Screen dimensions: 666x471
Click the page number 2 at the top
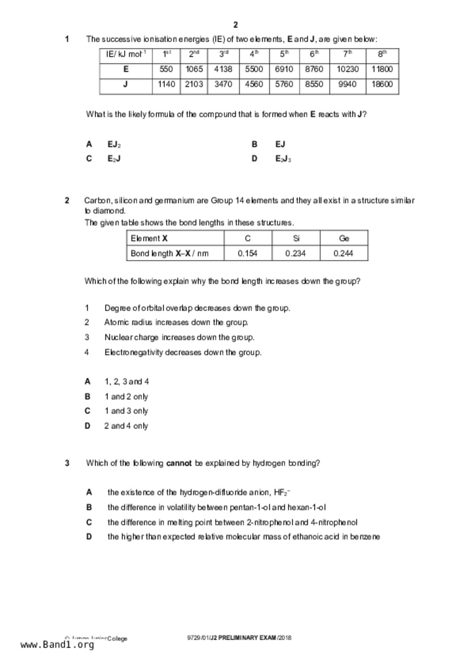coord(235,25)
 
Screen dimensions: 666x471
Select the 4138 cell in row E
coord(223,69)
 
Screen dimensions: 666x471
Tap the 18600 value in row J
coord(382,84)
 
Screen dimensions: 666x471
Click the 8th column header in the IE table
coord(382,54)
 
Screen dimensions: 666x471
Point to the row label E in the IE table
coord(126,69)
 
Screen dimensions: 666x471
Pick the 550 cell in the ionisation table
coord(166,69)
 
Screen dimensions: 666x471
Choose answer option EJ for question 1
coord(280,144)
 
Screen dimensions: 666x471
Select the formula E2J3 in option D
coord(283,159)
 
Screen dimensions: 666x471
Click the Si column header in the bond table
coord(296,238)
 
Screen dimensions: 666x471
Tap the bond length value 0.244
coord(343,253)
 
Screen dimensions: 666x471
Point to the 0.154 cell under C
coord(247,253)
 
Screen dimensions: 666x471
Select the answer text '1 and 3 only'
coord(126,411)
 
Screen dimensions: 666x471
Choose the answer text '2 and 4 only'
coord(126,426)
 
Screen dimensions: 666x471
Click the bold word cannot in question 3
coord(179,463)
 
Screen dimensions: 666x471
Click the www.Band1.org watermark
coord(57,645)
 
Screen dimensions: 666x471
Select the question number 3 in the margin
coord(67,463)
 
